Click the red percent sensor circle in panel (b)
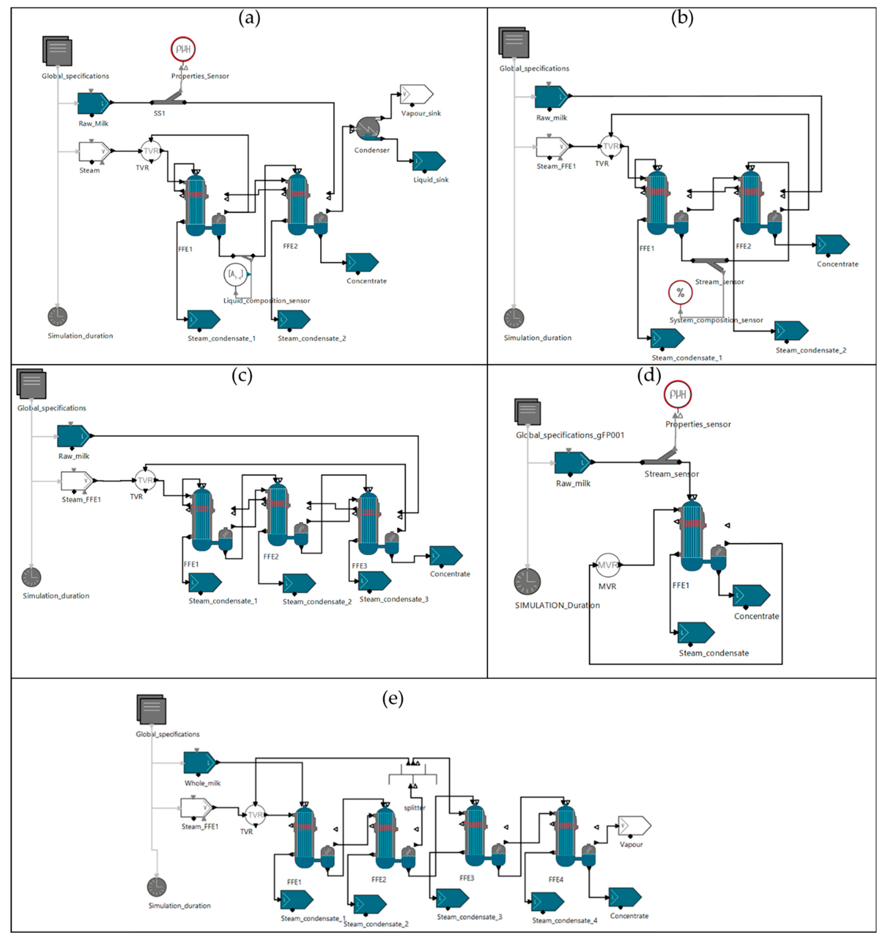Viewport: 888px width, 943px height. click(x=680, y=293)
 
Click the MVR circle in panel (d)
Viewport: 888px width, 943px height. click(x=608, y=565)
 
